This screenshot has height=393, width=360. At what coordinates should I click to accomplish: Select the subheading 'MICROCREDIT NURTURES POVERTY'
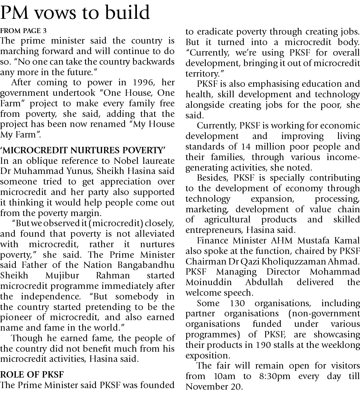tap(83, 151)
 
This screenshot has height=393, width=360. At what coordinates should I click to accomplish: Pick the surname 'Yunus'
tap(85, 171)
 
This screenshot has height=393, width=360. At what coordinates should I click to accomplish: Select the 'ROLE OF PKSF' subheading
tap(32, 374)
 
